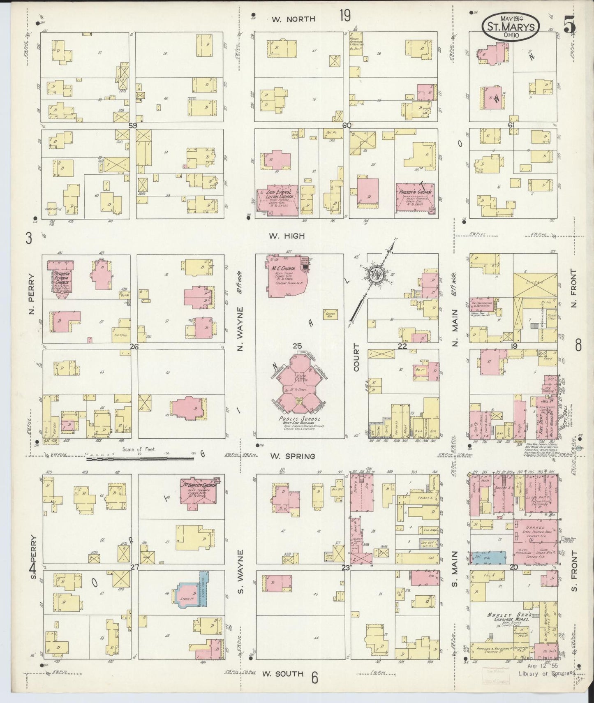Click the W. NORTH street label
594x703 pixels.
pos(293,19)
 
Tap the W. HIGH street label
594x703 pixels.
pos(287,236)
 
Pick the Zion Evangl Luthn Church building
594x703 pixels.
pos(277,201)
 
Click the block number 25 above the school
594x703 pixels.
pos(297,346)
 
